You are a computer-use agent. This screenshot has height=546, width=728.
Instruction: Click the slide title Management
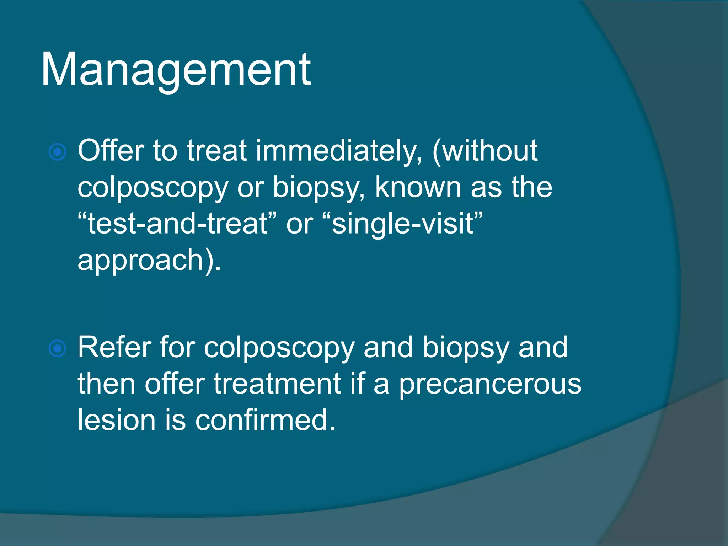pyautogui.click(x=176, y=69)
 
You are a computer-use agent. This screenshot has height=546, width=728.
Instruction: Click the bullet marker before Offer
pyautogui.click(x=57, y=152)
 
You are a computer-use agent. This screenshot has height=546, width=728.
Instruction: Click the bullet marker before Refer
pyautogui.click(x=57, y=348)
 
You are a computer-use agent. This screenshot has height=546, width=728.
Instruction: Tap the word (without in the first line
pyautogui.click(x=485, y=151)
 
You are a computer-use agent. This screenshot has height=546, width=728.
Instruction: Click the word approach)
pyautogui.click(x=149, y=261)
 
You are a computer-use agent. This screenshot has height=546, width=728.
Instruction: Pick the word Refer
pyautogui.click(x=113, y=347)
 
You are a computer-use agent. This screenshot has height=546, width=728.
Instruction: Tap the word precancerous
pyautogui.click(x=490, y=385)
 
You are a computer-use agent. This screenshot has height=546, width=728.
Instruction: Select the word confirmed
pyautogui.click(x=265, y=420)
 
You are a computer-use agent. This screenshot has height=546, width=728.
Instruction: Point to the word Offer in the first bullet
pyautogui.click(x=111, y=151)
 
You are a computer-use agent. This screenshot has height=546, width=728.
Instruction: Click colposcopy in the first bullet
pyautogui.click(x=153, y=188)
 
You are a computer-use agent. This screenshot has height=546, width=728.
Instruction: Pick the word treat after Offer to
pyautogui.click(x=216, y=151)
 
